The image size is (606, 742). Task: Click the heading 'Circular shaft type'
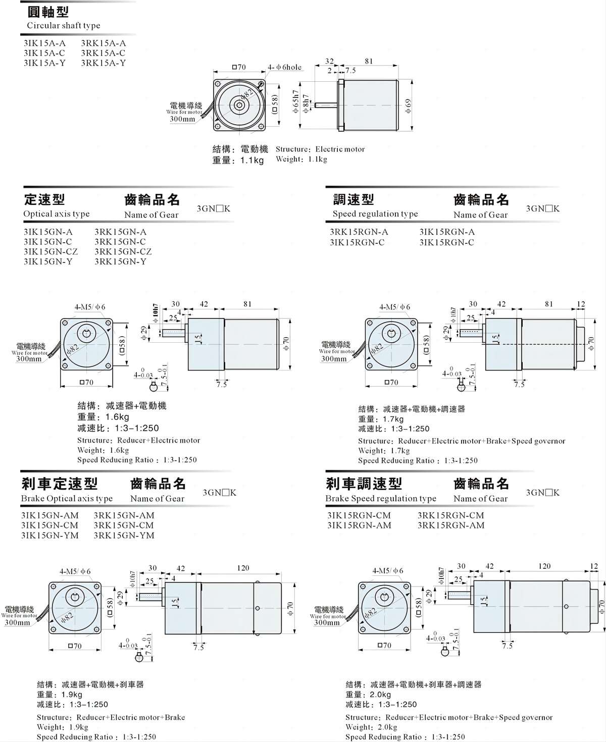(63, 25)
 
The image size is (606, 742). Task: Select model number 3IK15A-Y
(44, 63)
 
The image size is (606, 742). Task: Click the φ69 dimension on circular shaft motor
(409, 105)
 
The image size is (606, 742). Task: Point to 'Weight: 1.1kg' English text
(301, 160)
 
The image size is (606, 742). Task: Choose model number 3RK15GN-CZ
(123, 251)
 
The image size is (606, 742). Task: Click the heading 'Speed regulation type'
(375, 214)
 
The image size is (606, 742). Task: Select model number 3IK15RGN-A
(447, 232)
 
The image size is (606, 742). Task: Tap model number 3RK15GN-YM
(124, 535)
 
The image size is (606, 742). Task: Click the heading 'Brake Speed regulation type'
(381, 498)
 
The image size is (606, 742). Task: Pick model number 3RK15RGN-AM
(450, 525)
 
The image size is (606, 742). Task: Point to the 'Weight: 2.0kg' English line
(371, 727)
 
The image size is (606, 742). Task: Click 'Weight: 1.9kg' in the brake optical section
(62, 727)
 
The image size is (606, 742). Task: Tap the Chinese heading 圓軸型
(47, 11)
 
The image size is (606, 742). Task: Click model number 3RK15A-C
(103, 53)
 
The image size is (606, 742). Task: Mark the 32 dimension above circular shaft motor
(329, 62)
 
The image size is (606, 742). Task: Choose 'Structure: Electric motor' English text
(320, 149)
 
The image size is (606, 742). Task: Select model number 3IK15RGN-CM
(359, 515)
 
